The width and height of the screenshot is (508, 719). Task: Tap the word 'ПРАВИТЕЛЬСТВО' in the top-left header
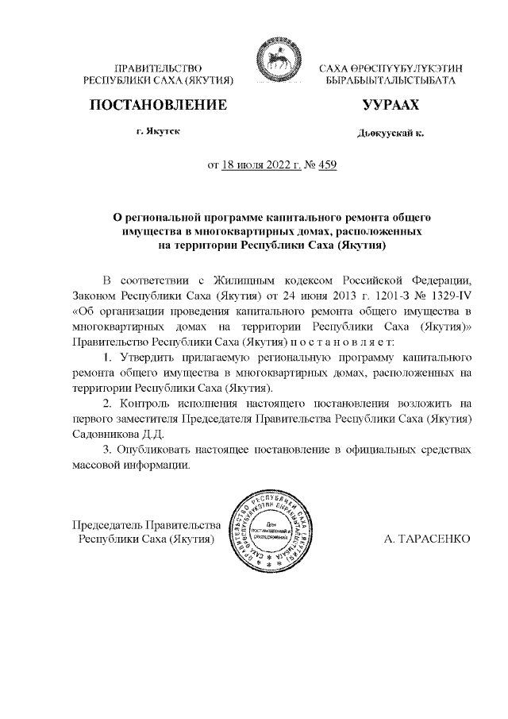click(x=158, y=70)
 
